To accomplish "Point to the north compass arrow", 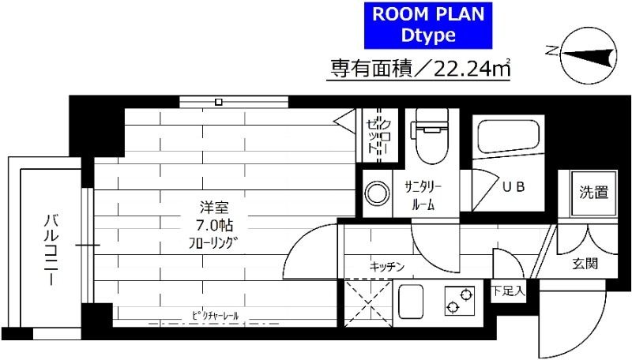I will click(584, 54).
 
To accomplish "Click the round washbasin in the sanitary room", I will click(374, 191).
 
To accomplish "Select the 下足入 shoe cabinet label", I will click(508, 291).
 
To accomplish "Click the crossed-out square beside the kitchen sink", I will click(365, 302).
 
